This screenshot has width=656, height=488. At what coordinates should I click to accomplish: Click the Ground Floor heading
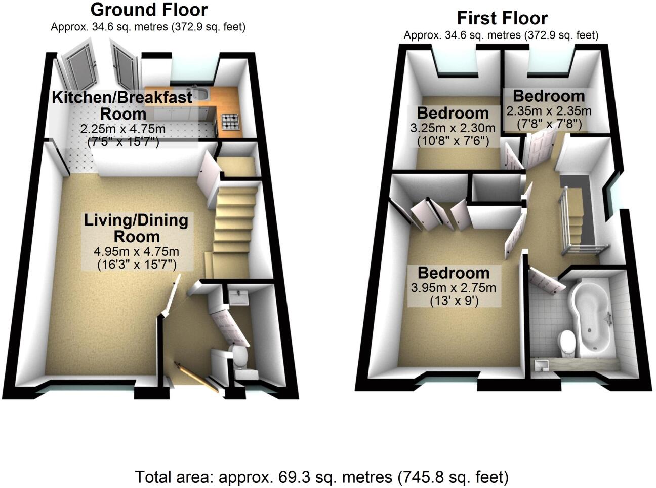point(149,10)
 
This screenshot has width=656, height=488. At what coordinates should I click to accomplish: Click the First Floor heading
point(502,18)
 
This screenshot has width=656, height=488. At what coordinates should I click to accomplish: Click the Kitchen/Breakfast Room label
point(122,105)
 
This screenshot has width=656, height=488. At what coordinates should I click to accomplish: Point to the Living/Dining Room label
point(136,228)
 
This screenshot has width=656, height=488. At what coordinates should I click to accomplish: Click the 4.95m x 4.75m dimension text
point(136,252)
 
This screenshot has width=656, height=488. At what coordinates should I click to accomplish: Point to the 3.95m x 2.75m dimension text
point(454,288)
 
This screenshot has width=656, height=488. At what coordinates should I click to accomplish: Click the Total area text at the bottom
point(321,477)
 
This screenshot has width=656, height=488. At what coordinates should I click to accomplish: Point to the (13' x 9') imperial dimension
point(454,302)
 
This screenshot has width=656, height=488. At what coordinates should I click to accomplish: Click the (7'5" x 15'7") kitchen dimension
point(122,142)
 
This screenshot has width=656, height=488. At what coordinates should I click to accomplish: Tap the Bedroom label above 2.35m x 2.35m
point(549,96)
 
